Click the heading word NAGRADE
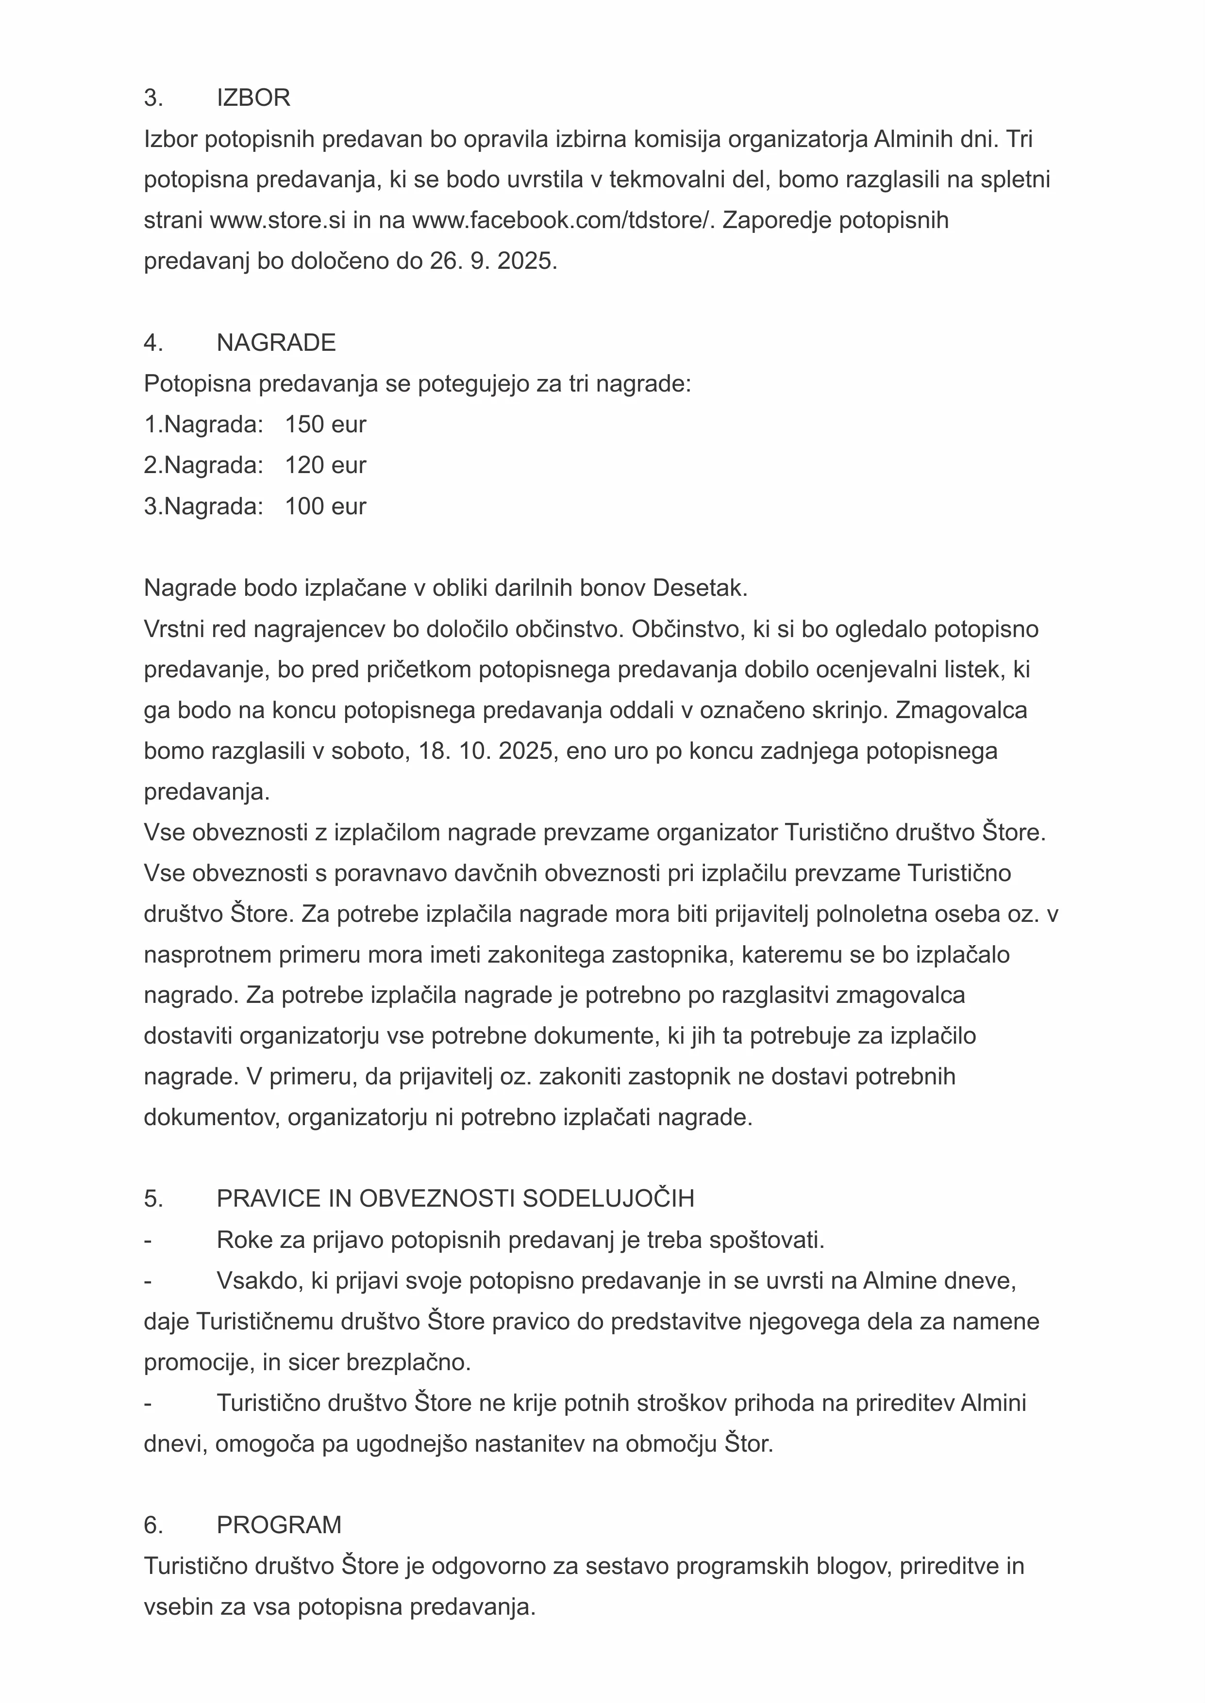click(276, 343)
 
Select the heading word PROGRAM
click(279, 1525)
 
